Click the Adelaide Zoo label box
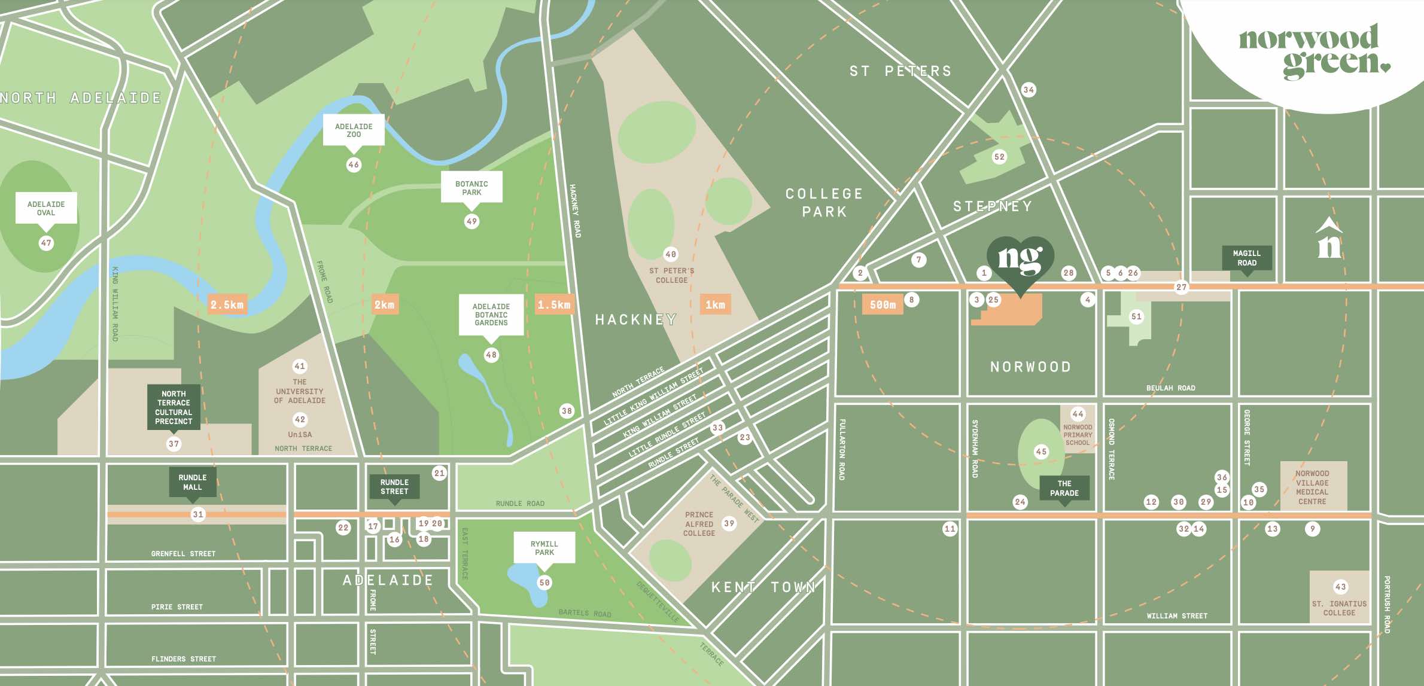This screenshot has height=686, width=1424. tap(354, 130)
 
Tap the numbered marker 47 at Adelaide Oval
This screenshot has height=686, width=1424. tap(46, 243)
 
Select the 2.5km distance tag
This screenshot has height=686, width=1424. tap(227, 304)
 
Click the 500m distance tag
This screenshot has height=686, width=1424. tap(883, 304)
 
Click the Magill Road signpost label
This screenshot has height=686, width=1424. tap(1246, 258)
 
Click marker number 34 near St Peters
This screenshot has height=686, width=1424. tap(1028, 90)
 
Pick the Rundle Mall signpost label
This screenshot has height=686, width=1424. tap(192, 482)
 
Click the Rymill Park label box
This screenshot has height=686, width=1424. tap(544, 548)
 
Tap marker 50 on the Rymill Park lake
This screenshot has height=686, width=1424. tap(544, 583)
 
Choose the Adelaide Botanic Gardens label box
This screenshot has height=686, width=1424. tap(491, 314)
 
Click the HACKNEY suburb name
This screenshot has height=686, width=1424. tap(635, 320)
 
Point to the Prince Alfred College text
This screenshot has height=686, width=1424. tap(699, 524)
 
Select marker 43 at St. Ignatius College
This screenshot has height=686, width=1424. tap(1340, 587)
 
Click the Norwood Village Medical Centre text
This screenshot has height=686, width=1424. tap(1312, 487)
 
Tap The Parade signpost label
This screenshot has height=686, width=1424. tap(1064, 488)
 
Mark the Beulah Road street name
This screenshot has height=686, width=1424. tap(1170, 388)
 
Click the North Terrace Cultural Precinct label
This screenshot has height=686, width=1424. tap(174, 407)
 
